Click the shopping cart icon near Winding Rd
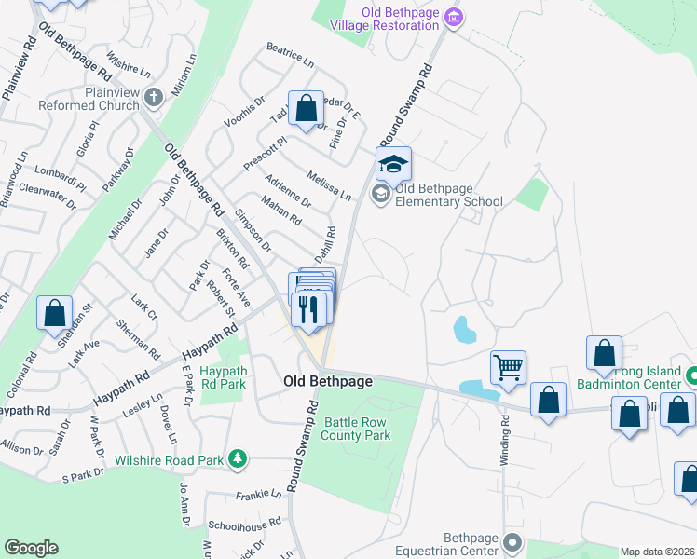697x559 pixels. [x=508, y=366]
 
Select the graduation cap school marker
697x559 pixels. [x=393, y=164]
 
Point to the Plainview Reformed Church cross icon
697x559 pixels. [x=154, y=94]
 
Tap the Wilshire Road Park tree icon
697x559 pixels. [x=239, y=457]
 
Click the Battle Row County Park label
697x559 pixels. [x=356, y=429]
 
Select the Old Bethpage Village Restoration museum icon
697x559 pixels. [x=454, y=17]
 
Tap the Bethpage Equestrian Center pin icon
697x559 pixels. [x=512, y=542]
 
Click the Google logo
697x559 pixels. [x=31, y=548]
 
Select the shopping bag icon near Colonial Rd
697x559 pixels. [x=54, y=312]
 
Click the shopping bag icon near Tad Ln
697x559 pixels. [x=306, y=108]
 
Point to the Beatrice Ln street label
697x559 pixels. [x=290, y=52]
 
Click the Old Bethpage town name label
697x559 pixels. [x=328, y=382]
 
